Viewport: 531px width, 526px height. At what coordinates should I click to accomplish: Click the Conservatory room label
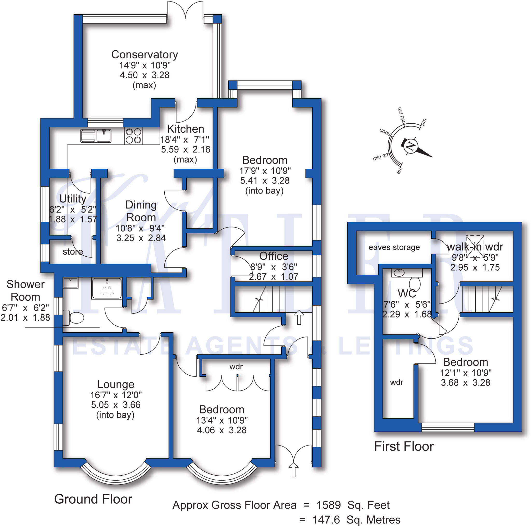pyautogui.click(x=145, y=55)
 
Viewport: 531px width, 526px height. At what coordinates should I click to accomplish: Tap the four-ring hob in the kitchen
pyautogui.click(x=133, y=136)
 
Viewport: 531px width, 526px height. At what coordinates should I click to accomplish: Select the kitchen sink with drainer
pyautogui.click(x=96, y=136)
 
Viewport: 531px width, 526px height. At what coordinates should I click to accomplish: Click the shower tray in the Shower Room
pyautogui.click(x=107, y=288)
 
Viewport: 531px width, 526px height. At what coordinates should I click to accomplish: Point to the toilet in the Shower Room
pyautogui.click(x=73, y=318)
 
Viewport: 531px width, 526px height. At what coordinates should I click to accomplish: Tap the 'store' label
pyautogui.click(x=73, y=251)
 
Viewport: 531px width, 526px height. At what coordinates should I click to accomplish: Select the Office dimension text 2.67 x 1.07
pyautogui.click(x=274, y=276)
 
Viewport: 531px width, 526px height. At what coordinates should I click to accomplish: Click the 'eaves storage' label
pyautogui.click(x=394, y=247)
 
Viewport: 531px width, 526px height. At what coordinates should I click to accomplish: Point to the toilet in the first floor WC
pyautogui.click(x=415, y=284)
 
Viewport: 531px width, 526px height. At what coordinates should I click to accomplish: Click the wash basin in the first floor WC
pyautogui.click(x=399, y=273)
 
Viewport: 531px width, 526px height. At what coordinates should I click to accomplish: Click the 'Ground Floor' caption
pyautogui.click(x=93, y=499)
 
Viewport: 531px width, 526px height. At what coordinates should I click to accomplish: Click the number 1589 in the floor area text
pyautogui.click(x=329, y=505)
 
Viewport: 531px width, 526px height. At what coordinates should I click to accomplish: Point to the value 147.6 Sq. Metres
pyautogui.click(x=356, y=520)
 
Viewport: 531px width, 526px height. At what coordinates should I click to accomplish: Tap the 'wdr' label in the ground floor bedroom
pyautogui.click(x=236, y=367)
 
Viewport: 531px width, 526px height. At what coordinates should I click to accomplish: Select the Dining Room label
pyautogui.click(x=141, y=211)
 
